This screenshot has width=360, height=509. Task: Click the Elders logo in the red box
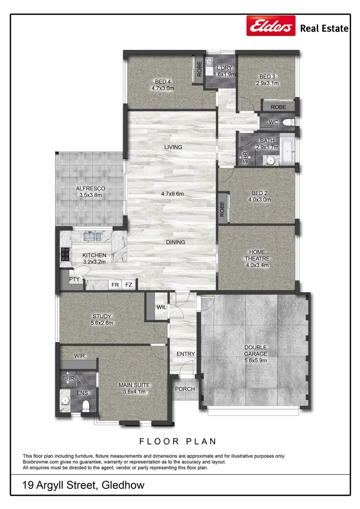click(x=271, y=26)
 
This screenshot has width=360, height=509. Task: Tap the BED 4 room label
click(x=163, y=81)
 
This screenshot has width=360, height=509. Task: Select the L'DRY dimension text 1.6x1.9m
click(x=224, y=74)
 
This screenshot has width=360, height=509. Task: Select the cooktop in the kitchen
click(x=65, y=254)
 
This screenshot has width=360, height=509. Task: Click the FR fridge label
click(x=115, y=285)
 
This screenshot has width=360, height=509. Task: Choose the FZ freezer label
click(x=129, y=285)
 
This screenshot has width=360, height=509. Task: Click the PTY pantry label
click(x=74, y=279)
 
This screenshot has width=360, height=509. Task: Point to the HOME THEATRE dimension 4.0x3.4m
click(x=257, y=265)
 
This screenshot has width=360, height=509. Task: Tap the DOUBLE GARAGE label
click(x=256, y=351)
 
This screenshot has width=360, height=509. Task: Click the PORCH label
click(x=183, y=389)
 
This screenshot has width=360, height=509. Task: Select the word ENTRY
click(x=185, y=354)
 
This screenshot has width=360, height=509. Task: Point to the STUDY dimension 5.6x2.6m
click(x=101, y=323)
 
